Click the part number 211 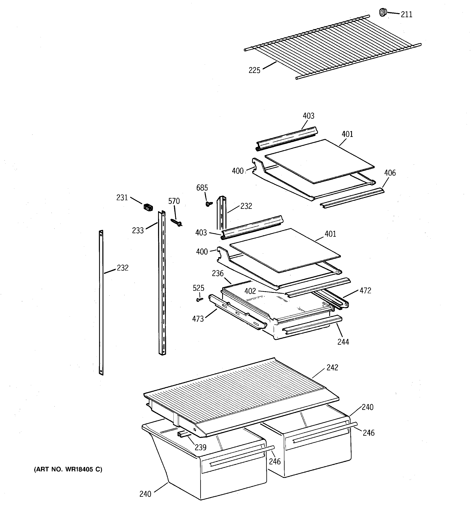[x=406, y=15]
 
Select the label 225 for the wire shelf [x=254, y=70]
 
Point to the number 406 [x=390, y=173]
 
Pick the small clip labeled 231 [x=148, y=207]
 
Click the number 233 [x=138, y=231]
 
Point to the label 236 [x=218, y=274]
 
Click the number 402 [x=250, y=291]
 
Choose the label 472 [x=365, y=290]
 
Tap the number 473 [x=198, y=319]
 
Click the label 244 [x=343, y=342]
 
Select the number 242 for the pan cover [x=332, y=367]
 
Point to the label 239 [x=201, y=447]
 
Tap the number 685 [x=202, y=188]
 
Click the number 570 [x=174, y=201]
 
